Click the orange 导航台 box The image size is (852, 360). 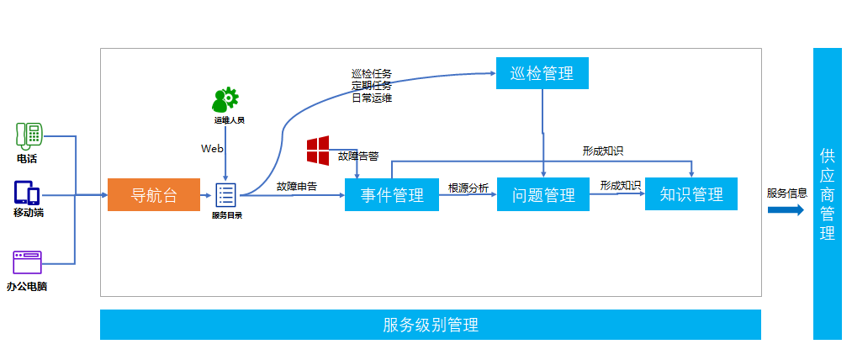(154, 195)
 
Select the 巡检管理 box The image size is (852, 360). (542, 73)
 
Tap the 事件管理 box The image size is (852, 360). (392, 195)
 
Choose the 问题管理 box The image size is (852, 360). (543, 195)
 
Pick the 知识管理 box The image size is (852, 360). (691, 194)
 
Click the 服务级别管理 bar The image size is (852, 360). (430, 325)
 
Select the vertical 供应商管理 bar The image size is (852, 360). (827, 193)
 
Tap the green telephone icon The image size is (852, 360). (29, 135)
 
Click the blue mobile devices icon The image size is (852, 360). (27, 193)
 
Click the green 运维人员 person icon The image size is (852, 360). (225, 100)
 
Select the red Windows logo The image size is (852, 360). (318, 150)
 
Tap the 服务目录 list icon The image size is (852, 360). (226, 194)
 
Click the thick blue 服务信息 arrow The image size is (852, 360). (786, 209)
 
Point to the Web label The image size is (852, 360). (212, 149)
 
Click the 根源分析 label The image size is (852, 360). (468, 188)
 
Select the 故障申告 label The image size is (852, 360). (297, 186)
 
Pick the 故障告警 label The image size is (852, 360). (358, 156)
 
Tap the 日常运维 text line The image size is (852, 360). (371, 98)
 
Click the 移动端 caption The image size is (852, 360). (28, 213)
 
